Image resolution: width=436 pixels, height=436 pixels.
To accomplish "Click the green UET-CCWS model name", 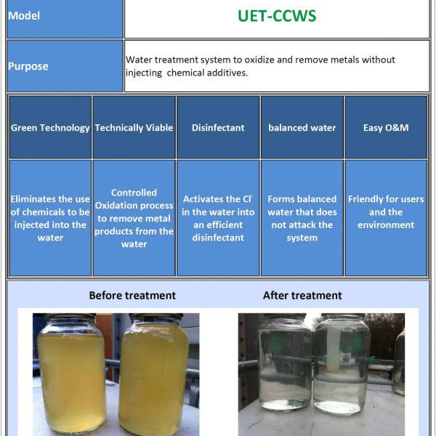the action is pyautogui.click(x=277, y=16).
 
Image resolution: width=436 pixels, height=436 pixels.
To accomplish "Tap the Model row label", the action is pyautogui.click(x=24, y=16).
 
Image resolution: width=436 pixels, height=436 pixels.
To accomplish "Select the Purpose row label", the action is pyautogui.click(x=28, y=66).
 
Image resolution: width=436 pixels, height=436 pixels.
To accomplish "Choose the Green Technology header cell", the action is pyautogui.click(x=50, y=128).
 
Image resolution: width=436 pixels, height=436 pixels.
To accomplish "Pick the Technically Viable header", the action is pyautogui.click(x=134, y=128).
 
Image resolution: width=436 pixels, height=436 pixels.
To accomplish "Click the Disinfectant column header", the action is pyautogui.click(x=218, y=128).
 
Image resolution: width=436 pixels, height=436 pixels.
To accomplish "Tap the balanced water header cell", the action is pyautogui.click(x=302, y=128).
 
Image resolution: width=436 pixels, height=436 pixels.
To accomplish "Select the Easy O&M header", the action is pyautogui.click(x=386, y=128).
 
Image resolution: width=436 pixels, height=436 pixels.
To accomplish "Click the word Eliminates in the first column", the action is pyautogui.click(x=26, y=199).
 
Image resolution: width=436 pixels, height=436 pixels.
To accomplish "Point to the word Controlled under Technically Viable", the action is pyautogui.click(x=134, y=193).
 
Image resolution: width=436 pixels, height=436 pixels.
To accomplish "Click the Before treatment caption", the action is pyautogui.click(x=132, y=295).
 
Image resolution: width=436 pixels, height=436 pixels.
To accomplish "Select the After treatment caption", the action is pyautogui.click(x=302, y=295).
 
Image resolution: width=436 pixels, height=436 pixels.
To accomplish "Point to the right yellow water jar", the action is pyautogui.click(x=155, y=374).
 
